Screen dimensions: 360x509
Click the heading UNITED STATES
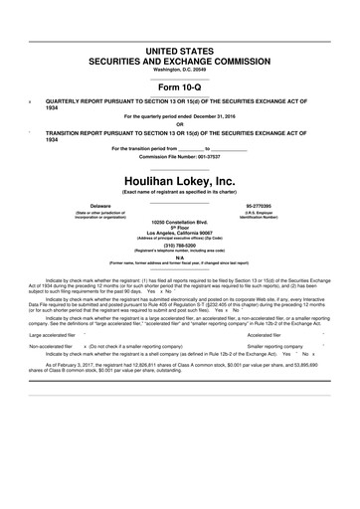[x=179, y=49]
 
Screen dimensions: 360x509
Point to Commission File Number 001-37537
[x=179, y=156]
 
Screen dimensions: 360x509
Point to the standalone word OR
[x=179, y=125]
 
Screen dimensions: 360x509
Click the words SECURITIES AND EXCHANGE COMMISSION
[x=179, y=60]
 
